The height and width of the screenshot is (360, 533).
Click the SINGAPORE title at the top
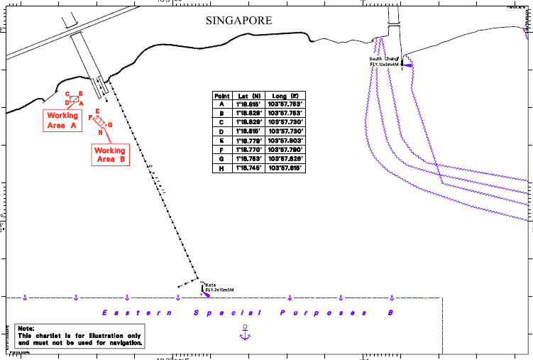pos(238,21)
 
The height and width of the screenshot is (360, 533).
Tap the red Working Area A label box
pos(61,120)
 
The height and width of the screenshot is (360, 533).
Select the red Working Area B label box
pos(110,155)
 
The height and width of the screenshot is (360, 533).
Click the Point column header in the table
pos(222,95)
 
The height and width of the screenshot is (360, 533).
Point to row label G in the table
pos(222,160)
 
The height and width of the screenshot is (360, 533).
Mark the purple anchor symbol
pos(244,331)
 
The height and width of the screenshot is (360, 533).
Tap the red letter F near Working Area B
pos(90,117)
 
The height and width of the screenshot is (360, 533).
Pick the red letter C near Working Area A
pos(67,94)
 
